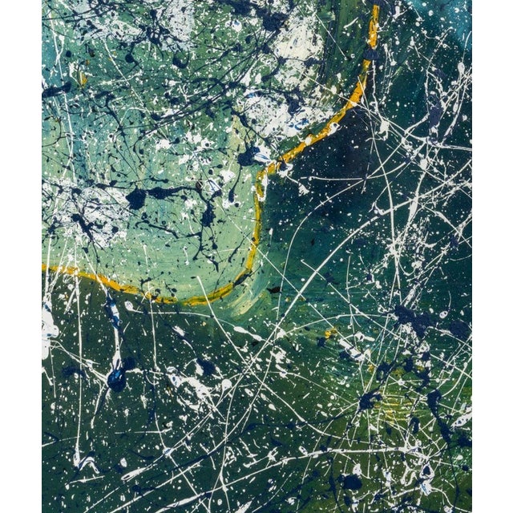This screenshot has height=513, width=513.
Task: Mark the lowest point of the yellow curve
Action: pos(192,302)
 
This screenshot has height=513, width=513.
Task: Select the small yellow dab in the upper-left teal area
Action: pos(83,79)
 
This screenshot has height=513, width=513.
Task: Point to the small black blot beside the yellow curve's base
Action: pos(274,289)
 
